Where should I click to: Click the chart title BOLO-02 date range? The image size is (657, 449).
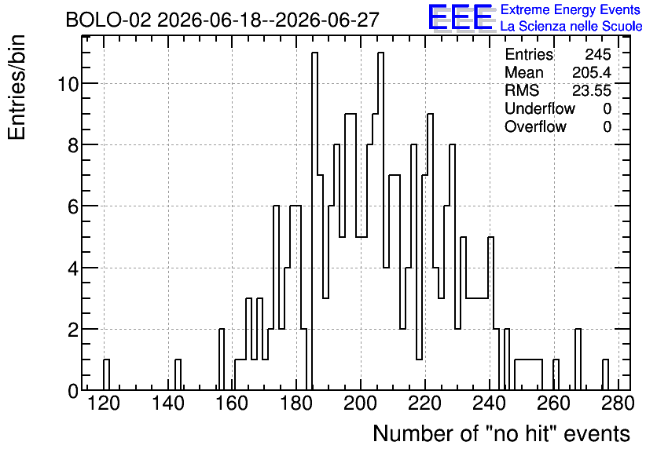pyautogui.click(x=222, y=20)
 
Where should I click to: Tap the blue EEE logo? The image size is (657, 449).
pyautogui.click(x=461, y=17)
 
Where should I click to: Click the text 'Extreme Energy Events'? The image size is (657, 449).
pyautogui.click(x=571, y=9)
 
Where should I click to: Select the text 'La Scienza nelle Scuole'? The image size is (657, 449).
pyautogui.click(x=571, y=27)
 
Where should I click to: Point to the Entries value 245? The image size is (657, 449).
pyautogui.click(x=598, y=54)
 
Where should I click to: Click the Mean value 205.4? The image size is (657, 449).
pyautogui.click(x=592, y=72)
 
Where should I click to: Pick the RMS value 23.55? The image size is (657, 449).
pyautogui.click(x=592, y=90)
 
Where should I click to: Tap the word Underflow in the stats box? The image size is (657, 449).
pyautogui.click(x=540, y=108)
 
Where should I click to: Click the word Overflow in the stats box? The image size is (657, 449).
pyautogui.click(x=535, y=126)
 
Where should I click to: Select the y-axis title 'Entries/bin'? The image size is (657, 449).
pyautogui.click(x=17, y=87)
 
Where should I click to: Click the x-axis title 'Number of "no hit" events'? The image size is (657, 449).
pyautogui.click(x=501, y=433)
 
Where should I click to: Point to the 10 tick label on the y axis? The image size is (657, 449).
pyautogui.click(x=68, y=84)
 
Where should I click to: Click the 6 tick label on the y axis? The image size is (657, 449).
pyautogui.click(x=73, y=206)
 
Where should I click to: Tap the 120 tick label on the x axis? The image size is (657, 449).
pyautogui.click(x=104, y=403)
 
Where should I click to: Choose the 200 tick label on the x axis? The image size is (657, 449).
pyautogui.click(x=361, y=403)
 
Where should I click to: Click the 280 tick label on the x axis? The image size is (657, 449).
pyautogui.click(x=618, y=403)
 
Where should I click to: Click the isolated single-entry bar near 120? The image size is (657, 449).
pyautogui.click(x=106, y=374)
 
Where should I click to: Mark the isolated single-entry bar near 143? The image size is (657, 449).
pyautogui.click(x=178, y=374)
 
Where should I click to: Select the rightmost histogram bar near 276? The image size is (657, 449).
pyautogui.click(x=605, y=374)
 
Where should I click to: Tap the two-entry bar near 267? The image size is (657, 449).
pyautogui.click(x=578, y=360)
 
